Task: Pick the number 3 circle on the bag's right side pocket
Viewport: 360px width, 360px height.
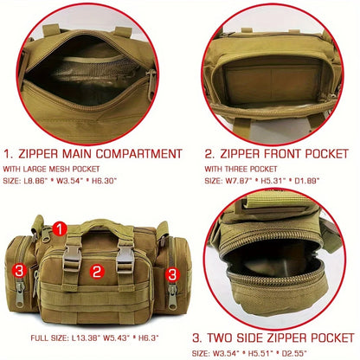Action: coord(171,273)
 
